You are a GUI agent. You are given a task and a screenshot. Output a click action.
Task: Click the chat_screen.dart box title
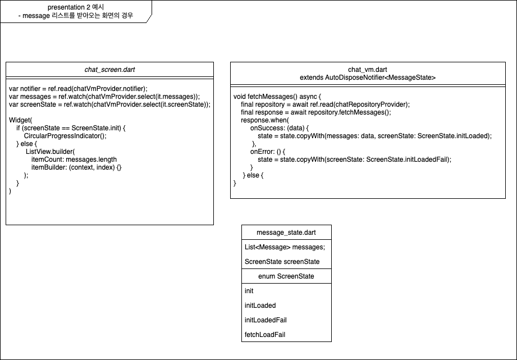point(109,70)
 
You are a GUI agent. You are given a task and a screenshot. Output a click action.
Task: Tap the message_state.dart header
point(286,233)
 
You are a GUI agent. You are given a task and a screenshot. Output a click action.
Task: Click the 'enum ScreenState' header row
point(286,276)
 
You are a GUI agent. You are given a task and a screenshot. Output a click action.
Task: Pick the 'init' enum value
point(249,291)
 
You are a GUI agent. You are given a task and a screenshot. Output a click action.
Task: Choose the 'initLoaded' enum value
point(260,306)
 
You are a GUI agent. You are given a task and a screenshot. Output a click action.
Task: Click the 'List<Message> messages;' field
point(285,247)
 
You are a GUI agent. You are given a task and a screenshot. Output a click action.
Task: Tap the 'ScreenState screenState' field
point(282,262)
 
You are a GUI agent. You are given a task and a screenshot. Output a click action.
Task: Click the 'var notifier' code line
point(78,89)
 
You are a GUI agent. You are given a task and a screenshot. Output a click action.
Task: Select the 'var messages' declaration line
point(104,97)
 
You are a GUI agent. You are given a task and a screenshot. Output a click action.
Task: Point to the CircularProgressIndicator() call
point(65,136)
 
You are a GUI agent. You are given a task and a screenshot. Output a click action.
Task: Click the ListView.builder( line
point(50,152)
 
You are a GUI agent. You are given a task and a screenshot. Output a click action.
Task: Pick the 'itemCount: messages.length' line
point(74,160)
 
